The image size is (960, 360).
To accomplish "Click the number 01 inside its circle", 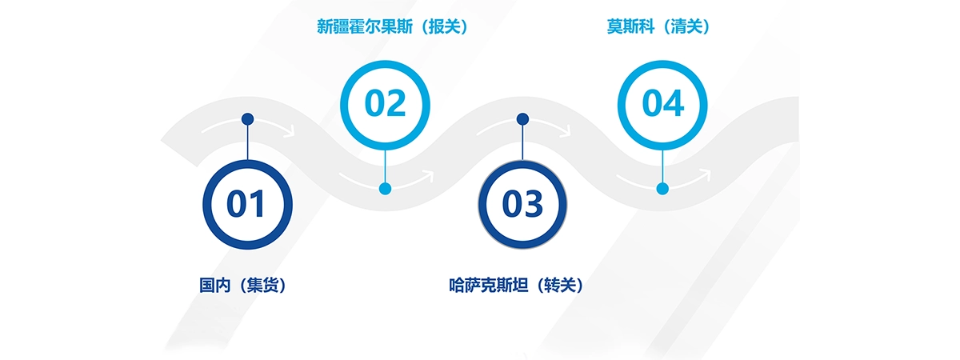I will pyautogui.click(x=246, y=205).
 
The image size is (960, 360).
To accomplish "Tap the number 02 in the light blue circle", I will pyautogui.click(x=386, y=104).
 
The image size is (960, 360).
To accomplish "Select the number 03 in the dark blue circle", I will pyautogui.click(x=522, y=205).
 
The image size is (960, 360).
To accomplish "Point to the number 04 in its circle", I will pyautogui.click(x=662, y=104).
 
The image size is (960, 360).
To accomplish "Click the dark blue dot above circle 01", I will pyautogui.click(x=248, y=119).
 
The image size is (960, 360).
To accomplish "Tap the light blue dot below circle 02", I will pyautogui.click(x=386, y=189).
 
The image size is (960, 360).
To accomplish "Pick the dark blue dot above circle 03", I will pyautogui.click(x=522, y=119).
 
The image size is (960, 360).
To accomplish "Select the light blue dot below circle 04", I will pyautogui.click(x=662, y=189).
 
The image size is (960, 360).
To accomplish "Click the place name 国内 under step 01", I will pyautogui.click(x=214, y=284).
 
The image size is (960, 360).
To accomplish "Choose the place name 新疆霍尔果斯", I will pyautogui.click(x=364, y=26).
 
